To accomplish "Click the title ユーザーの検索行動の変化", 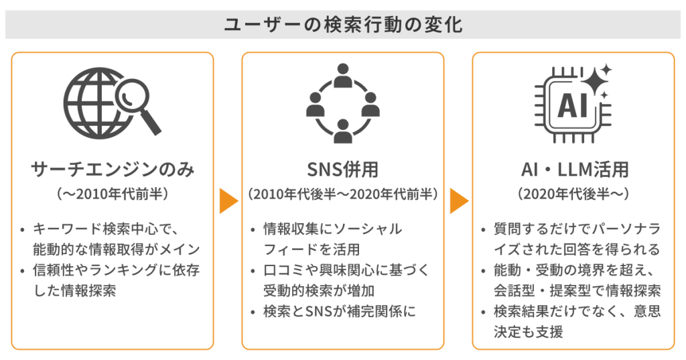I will (x=342, y=25).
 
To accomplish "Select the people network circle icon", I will (x=342, y=102).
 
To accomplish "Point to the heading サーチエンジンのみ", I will (x=113, y=170).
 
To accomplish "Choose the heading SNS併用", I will (x=342, y=170).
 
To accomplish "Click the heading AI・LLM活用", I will (x=573, y=170).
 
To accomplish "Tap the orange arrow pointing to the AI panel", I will (x=458, y=200).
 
